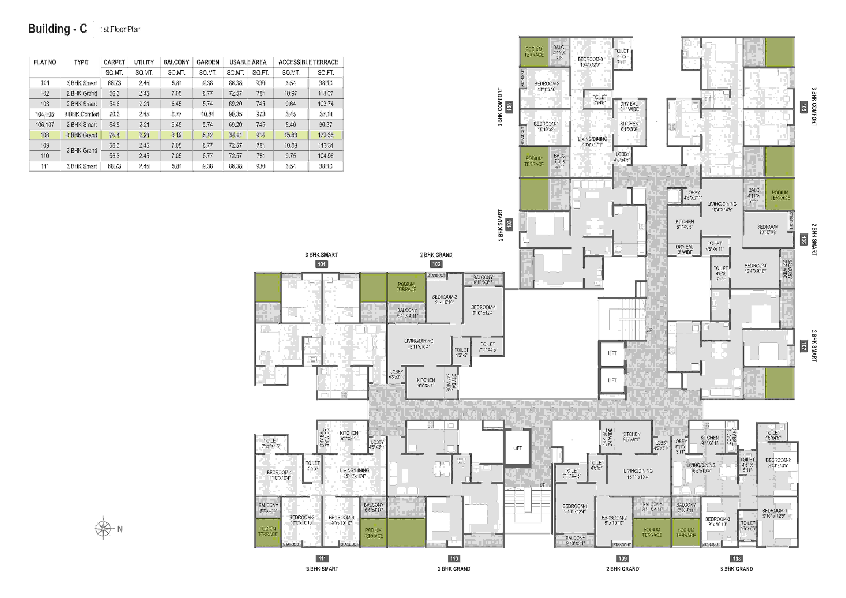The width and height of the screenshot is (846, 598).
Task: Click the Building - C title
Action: coord(57,29)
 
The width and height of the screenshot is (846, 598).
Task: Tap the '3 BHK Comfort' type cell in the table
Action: coord(81,114)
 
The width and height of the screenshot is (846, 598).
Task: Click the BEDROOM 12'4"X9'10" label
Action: coord(755,268)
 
